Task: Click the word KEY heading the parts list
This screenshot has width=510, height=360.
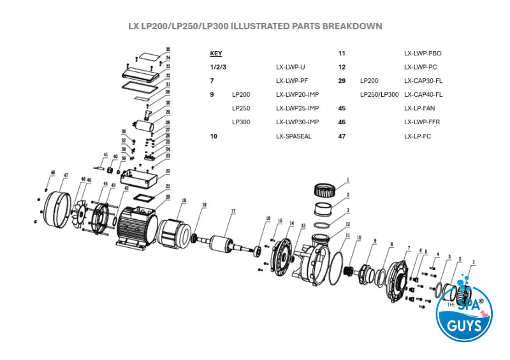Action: [x=215, y=54]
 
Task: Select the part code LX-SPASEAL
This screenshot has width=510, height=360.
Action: [x=293, y=136]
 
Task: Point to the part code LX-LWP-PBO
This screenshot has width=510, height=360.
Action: [x=423, y=54]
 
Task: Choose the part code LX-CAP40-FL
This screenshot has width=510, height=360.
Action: [x=423, y=94]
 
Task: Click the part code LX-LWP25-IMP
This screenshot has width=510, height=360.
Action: [x=297, y=108]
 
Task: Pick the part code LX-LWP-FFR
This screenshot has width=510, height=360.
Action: [x=422, y=122]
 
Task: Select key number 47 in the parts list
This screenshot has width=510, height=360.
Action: [x=342, y=136]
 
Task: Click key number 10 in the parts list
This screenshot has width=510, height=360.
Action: [x=214, y=136]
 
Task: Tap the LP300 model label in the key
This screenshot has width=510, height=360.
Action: [x=241, y=122]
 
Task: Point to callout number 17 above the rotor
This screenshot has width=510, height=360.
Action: [x=233, y=211]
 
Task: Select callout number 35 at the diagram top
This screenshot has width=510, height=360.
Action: [x=168, y=49]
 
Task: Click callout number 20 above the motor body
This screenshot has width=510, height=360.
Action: [x=168, y=197]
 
